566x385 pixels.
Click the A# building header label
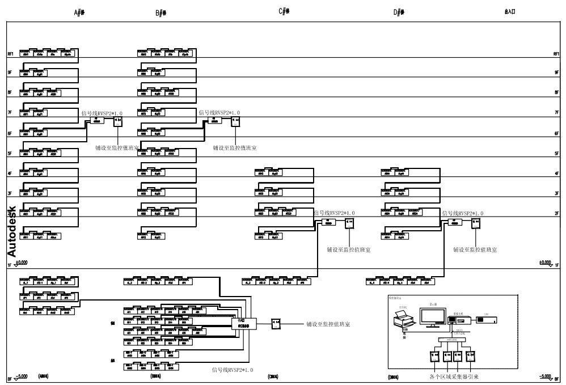(x=79, y=12)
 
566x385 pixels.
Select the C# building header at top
(x=285, y=11)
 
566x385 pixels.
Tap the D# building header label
(x=398, y=12)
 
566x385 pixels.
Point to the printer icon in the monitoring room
(x=403, y=321)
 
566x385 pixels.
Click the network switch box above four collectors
(x=449, y=340)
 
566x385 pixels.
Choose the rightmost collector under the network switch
(x=470, y=357)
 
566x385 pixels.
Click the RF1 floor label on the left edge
(x=10, y=54)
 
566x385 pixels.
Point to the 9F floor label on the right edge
(x=556, y=73)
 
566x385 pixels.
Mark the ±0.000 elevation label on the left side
(x=21, y=263)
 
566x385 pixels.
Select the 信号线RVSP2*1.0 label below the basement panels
(x=232, y=370)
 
